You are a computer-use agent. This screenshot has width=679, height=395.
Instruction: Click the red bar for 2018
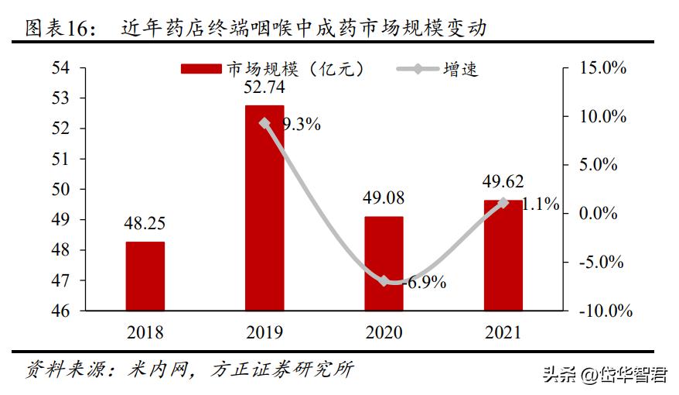tap(145, 276)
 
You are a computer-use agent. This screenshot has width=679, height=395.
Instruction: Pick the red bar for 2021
tap(503, 255)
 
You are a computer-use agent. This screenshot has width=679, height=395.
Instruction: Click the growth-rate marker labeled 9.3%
tap(264, 122)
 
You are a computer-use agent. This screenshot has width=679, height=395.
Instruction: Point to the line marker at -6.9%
tap(384, 280)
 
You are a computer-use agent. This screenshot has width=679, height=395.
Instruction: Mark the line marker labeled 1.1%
tap(503, 203)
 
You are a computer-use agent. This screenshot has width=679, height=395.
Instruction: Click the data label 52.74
tap(264, 88)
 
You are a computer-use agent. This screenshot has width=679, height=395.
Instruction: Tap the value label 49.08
tap(384, 197)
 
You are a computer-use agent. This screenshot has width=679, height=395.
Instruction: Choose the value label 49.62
tap(503, 181)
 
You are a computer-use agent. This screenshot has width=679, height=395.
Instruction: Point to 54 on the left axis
tap(60, 68)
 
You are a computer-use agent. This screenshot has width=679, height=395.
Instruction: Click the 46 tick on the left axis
tap(60, 311)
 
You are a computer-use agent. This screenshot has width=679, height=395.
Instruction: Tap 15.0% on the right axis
tap(603, 68)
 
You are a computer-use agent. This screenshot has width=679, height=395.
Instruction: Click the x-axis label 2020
tap(384, 332)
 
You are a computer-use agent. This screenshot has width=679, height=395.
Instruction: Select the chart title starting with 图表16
tap(255, 29)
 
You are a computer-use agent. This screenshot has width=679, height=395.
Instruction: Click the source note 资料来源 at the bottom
tap(189, 369)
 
